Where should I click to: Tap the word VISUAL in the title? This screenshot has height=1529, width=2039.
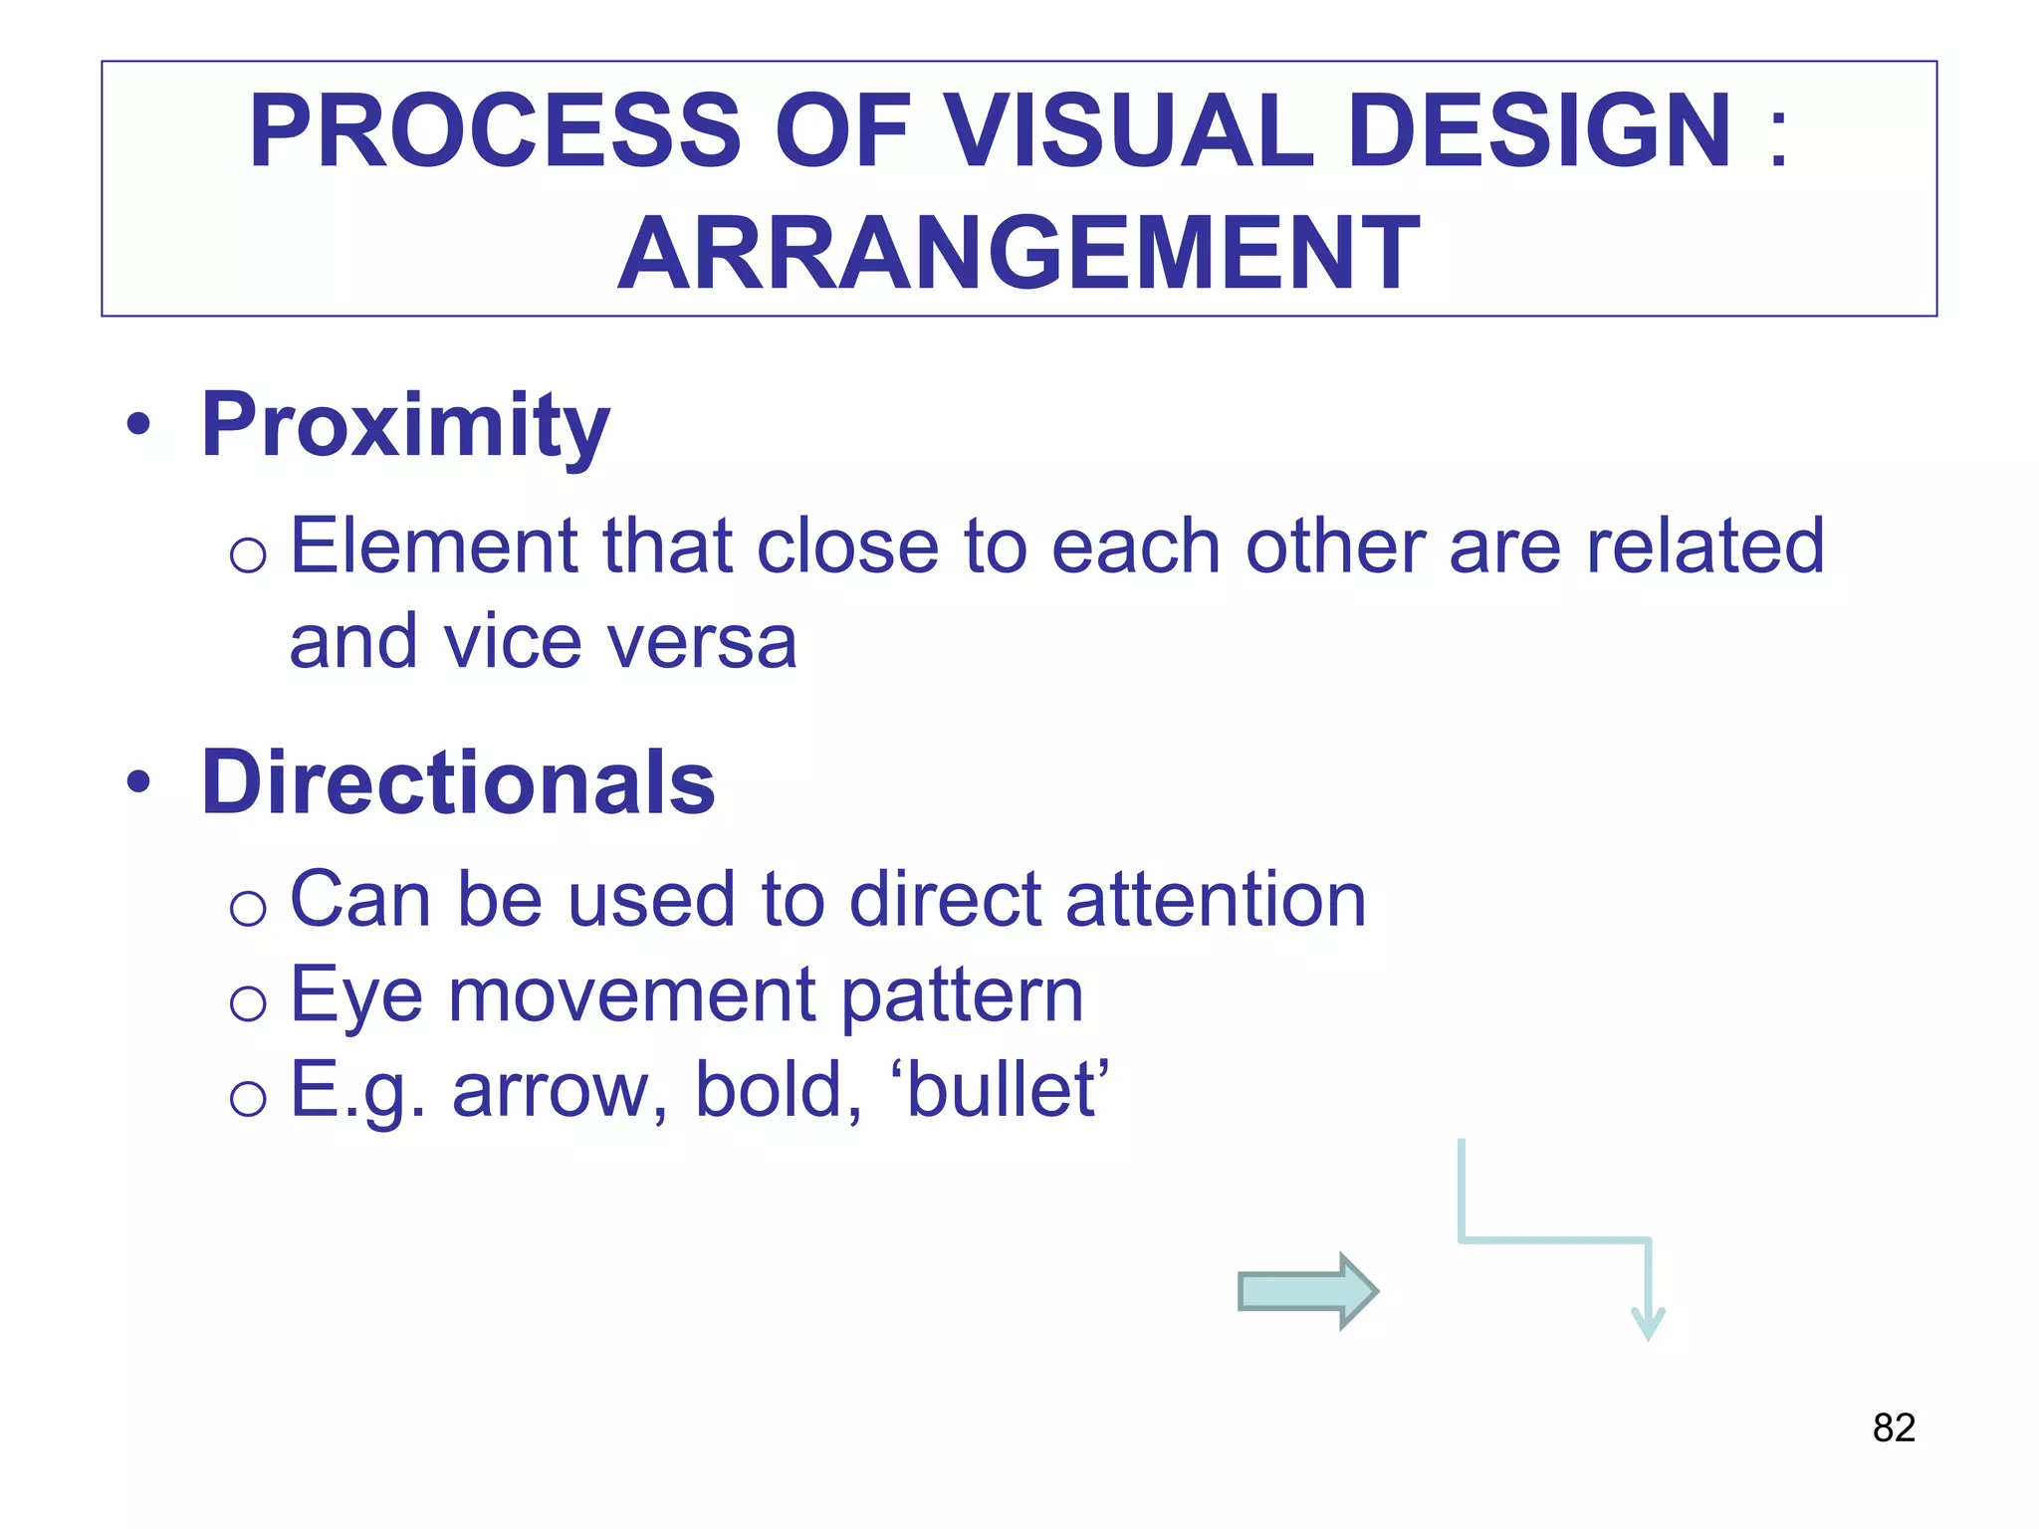(x=1129, y=131)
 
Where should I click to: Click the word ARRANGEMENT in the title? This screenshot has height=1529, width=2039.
(x=1019, y=255)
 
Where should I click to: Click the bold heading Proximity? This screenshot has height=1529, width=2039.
(x=405, y=426)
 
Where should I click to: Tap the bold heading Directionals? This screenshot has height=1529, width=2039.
(x=458, y=782)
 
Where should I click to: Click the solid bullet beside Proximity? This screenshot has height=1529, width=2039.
(x=139, y=426)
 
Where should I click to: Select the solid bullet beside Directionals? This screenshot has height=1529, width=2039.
(x=139, y=782)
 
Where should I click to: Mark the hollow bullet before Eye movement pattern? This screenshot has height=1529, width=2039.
(x=248, y=1002)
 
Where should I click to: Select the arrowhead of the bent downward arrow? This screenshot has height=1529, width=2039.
(x=1648, y=1324)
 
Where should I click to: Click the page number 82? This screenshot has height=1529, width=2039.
(x=1893, y=1427)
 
